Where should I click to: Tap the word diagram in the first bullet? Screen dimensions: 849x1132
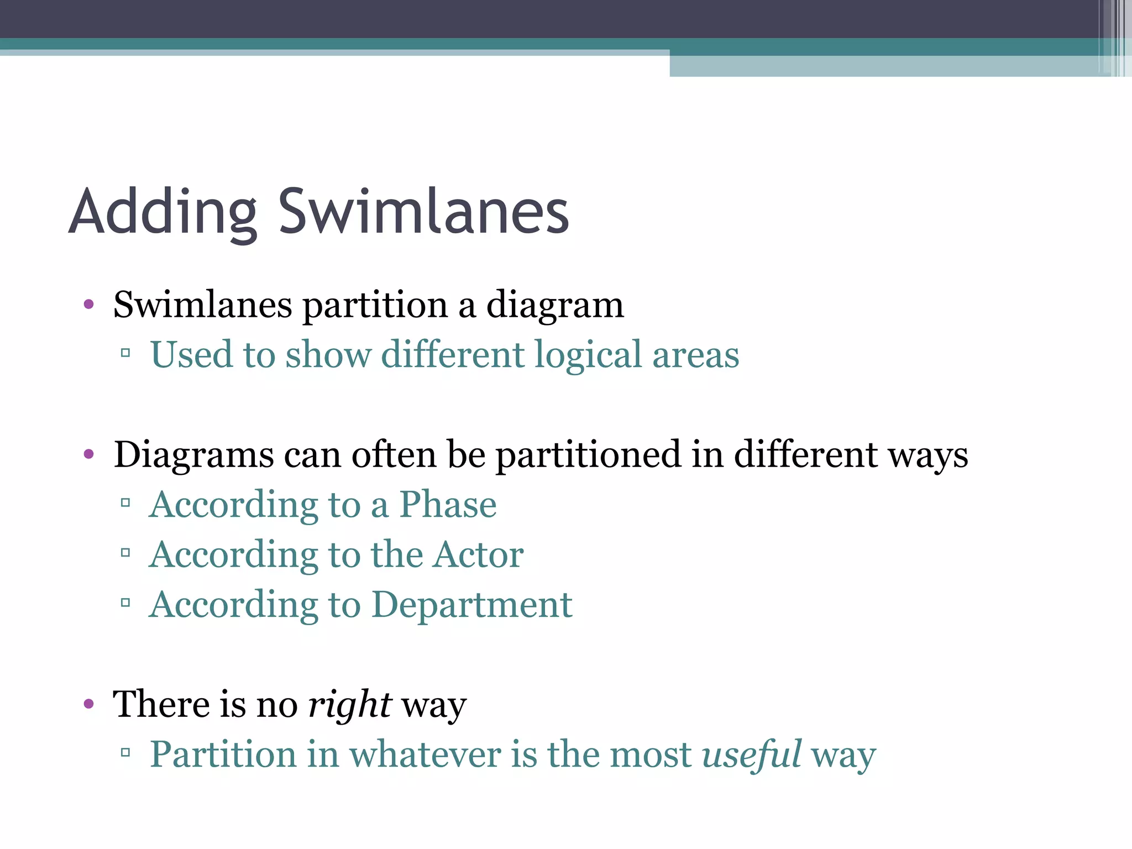click(x=555, y=305)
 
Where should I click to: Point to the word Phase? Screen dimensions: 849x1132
click(x=448, y=505)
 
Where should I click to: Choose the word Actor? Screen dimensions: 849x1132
click(x=478, y=554)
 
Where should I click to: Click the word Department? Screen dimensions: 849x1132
click(x=472, y=605)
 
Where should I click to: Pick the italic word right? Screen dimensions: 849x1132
click(x=350, y=705)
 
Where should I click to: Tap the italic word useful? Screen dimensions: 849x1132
click(x=751, y=754)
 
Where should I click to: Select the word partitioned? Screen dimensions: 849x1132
click(x=588, y=455)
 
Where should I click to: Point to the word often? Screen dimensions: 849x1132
click(x=394, y=454)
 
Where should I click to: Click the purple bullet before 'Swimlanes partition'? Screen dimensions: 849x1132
click(x=88, y=305)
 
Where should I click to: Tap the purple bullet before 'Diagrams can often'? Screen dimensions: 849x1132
click(x=88, y=454)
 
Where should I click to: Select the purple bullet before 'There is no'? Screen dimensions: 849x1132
click(x=88, y=704)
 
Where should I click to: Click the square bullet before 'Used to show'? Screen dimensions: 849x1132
click(x=125, y=353)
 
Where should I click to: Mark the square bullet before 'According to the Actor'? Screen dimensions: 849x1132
click(x=125, y=553)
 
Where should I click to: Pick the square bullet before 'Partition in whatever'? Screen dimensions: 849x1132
click(x=125, y=752)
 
